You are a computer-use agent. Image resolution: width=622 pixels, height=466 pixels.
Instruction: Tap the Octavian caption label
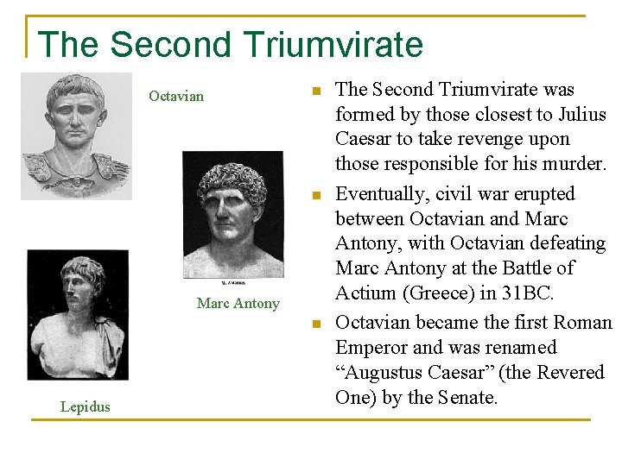point(176,96)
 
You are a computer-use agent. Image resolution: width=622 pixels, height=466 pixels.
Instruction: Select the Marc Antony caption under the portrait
point(238,303)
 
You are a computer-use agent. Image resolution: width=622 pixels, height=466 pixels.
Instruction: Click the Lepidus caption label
point(86,406)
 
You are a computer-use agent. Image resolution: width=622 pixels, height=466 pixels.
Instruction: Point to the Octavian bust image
point(77,136)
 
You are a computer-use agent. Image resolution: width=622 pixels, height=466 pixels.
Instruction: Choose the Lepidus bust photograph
point(78,314)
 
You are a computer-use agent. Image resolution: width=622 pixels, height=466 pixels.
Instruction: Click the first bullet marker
point(317,91)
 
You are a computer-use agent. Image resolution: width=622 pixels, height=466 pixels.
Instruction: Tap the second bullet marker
point(317,195)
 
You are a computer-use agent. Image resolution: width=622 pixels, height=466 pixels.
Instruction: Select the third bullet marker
point(317,324)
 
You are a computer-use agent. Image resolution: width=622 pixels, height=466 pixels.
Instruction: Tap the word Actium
point(363,293)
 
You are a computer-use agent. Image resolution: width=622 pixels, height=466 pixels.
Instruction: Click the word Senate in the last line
point(467,398)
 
